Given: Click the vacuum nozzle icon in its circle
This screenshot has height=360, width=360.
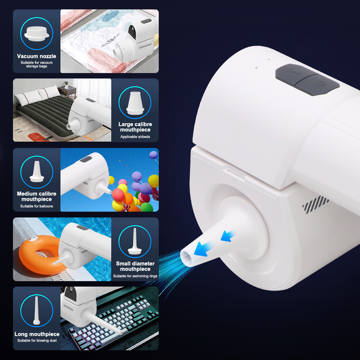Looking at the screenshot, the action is [37, 34].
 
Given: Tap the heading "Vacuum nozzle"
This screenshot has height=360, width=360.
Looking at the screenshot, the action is [36, 56].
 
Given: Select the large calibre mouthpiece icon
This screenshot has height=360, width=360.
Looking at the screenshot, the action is [135, 103].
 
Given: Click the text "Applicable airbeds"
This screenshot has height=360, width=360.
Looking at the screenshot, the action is [135, 137].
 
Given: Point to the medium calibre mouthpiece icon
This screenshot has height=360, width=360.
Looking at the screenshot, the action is [37, 171].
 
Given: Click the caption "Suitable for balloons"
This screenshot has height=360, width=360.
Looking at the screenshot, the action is [36, 206].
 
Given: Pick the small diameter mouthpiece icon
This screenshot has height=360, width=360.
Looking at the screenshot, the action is [135, 241].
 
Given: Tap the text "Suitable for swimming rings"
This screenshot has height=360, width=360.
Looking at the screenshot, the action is [135, 276].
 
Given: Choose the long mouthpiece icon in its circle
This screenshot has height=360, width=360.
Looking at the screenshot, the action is [36, 310].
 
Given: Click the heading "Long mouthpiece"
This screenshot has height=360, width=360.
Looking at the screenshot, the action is [37, 334].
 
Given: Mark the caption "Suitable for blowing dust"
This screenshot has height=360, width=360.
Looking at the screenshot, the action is [37, 341].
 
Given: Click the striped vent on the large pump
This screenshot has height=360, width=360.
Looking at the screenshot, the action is [315, 204].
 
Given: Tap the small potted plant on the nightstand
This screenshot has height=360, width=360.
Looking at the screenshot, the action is [66, 85].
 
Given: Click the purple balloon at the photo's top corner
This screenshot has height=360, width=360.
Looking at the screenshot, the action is [153, 155].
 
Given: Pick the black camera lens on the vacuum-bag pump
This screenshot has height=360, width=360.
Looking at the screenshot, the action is [132, 32].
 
